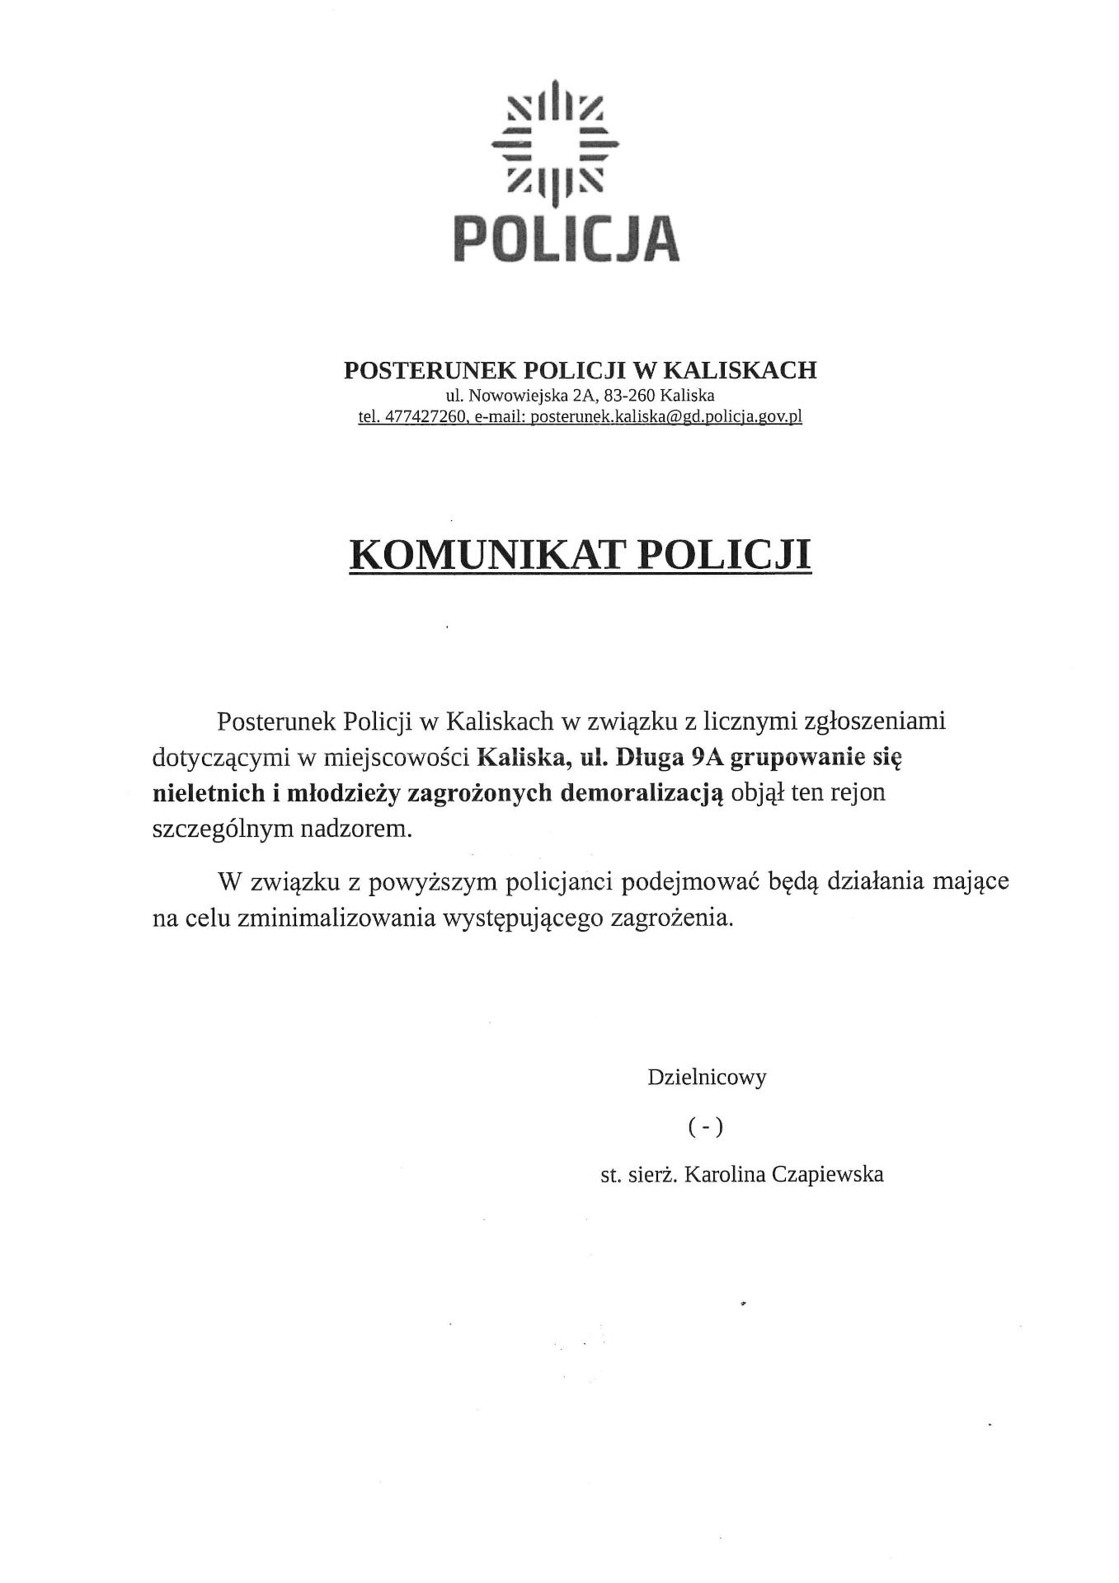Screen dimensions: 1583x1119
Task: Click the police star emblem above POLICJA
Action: tap(556, 143)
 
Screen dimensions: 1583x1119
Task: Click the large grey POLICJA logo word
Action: tap(567, 238)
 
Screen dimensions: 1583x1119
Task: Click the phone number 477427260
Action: tap(426, 416)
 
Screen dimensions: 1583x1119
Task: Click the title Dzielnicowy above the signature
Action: tap(707, 1077)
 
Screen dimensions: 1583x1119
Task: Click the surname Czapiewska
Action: tap(828, 1174)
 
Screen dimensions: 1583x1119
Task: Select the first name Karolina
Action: tap(725, 1174)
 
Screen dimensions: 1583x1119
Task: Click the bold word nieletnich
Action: tap(208, 793)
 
